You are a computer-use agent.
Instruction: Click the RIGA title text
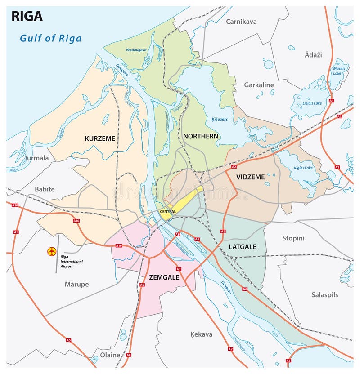[27, 16]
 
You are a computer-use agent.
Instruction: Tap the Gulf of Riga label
[50, 38]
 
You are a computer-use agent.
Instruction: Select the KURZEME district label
[100, 138]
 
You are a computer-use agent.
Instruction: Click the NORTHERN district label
[200, 136]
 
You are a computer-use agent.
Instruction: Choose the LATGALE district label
[242, 247]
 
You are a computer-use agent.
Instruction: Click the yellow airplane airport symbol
[52, 251]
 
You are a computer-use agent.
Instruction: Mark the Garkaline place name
[259, 85]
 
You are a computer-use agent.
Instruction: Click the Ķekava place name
[201, 334]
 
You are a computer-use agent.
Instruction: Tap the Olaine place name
[110, 355]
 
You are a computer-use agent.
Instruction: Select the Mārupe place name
[76, 284]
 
